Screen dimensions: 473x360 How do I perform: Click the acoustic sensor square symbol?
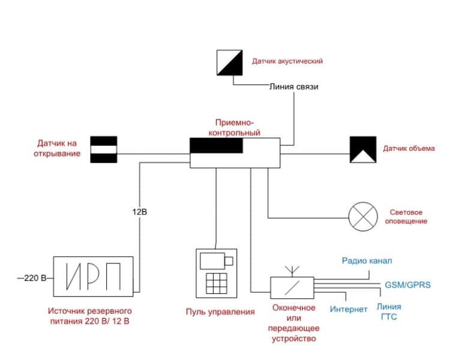point(229,63)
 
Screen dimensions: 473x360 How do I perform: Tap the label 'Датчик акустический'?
point(287,61)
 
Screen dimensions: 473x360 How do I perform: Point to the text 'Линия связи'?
point(294,87)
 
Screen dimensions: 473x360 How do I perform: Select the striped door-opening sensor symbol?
point(104,149)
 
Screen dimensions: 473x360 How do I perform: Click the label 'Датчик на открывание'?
point(57,148)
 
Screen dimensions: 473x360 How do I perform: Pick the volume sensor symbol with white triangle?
point(363,149)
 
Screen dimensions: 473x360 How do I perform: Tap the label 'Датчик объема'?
point(409,148)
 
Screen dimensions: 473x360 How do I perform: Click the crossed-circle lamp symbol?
point(363,217)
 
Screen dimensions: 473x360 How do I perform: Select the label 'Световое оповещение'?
point(406,217)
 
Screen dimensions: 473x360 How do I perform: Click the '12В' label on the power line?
point(140,212)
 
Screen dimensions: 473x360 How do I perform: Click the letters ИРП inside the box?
point(93,276)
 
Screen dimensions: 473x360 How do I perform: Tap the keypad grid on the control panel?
point(216,283)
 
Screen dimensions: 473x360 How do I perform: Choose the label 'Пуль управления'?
point(220,312)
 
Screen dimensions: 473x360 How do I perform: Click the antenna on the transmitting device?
point(292,271)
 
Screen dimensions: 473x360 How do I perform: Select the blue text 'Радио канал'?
point(367,261)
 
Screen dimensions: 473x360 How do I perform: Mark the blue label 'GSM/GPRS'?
point(408,285)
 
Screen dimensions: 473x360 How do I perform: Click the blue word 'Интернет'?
point(348,310)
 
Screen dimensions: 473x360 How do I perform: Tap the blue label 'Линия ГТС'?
point(389,312)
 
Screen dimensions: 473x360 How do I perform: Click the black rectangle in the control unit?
point(216,146)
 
